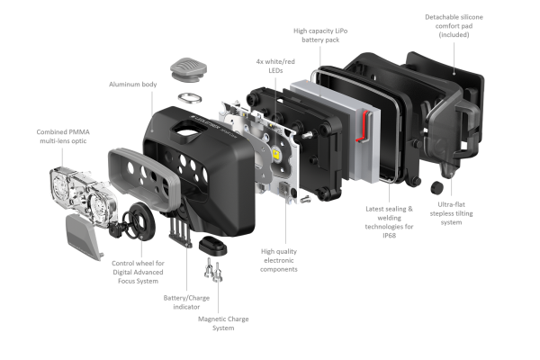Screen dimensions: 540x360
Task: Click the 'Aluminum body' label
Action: [133, 85]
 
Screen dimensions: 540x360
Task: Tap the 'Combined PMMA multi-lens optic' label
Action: [63, 137]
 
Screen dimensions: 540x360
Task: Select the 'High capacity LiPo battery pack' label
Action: [320, 35]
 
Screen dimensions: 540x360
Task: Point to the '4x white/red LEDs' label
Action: [275, 66]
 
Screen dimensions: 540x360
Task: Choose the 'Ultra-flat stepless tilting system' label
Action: [451, 213]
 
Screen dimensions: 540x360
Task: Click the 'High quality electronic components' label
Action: [279, 260]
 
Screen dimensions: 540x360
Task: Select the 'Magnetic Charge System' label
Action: [223, 323]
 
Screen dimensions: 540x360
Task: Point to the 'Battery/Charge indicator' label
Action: [186, 302]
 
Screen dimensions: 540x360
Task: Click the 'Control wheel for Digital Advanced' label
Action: [138, 267]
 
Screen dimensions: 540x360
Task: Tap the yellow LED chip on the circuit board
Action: [276, 153]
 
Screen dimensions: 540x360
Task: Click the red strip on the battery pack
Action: [364, 126]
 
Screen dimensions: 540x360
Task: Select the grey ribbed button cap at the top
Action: [188, 69]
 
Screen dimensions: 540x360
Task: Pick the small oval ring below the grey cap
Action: [190, 98]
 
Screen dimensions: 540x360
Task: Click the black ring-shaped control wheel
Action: [142, 220]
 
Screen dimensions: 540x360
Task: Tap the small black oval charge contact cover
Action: [212, 245]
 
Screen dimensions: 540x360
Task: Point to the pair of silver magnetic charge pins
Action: [213, 270]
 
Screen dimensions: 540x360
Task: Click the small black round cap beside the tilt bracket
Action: [436, 187]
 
